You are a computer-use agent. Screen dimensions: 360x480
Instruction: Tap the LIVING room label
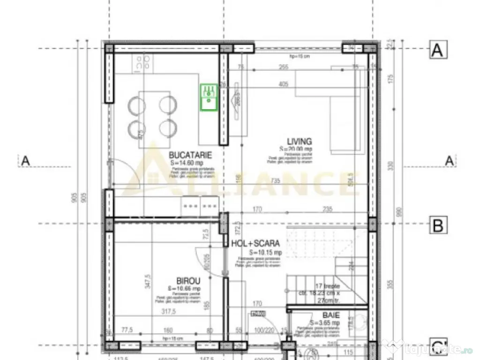coord(300,141)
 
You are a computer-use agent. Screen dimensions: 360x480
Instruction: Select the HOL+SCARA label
coord(255,243)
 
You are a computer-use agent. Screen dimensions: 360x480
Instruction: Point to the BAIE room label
coord(330,315)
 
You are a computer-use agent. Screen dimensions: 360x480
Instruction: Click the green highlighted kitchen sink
coord(208,97)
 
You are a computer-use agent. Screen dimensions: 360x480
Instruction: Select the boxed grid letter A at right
coord(437,50)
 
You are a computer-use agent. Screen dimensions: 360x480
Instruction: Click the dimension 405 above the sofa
coord(283,85)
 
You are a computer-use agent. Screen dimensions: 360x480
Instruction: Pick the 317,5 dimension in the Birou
coord(167,311)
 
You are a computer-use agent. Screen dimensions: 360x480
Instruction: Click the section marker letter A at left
coord(25,161)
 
